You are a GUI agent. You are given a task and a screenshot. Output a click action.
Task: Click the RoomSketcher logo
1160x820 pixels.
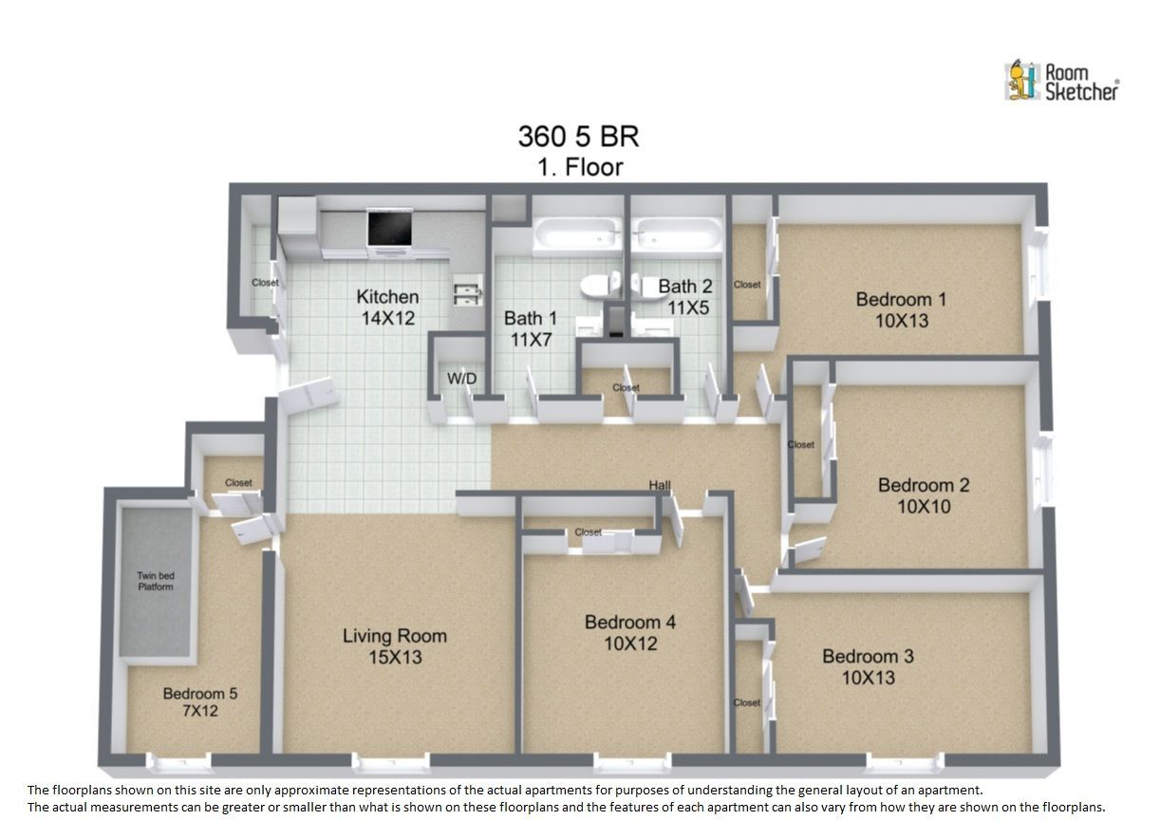click(1061, 81)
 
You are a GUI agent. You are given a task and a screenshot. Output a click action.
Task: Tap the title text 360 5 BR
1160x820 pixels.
click(578, 137)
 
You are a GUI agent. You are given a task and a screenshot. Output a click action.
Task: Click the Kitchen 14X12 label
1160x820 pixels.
click(388, 307)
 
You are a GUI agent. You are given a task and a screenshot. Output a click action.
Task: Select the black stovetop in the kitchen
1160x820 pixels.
click(390, 229)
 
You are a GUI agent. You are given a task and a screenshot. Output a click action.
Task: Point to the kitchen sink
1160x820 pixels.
click(468, 289)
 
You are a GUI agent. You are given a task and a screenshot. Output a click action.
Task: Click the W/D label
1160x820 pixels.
click(461, 379)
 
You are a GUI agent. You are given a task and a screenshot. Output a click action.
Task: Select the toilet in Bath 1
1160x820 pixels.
click(601, 285)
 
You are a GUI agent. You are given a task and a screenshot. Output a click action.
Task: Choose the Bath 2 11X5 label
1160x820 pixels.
click(686, 297)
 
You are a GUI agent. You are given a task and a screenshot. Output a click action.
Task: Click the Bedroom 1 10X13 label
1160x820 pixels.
click(902, 309)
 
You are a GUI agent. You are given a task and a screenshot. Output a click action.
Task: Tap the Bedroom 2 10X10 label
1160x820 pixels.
click(924, 495)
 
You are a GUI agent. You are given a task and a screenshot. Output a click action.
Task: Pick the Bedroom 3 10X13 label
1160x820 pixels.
click(869, 667)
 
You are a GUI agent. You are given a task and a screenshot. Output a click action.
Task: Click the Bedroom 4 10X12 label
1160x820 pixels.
click(630, 633)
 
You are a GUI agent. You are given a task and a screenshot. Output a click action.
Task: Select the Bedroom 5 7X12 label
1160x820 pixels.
click(200, 702)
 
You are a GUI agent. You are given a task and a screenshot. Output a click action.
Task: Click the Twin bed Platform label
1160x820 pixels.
click(156, 582)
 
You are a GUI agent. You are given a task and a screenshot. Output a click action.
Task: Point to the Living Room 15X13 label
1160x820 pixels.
click(395, 646)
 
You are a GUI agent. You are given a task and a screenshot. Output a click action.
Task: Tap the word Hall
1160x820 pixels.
click(660, 485)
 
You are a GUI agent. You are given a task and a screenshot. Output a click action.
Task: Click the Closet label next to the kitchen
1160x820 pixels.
click(265, 283)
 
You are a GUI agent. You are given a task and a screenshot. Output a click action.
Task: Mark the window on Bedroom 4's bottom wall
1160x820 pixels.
click(632, 762)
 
